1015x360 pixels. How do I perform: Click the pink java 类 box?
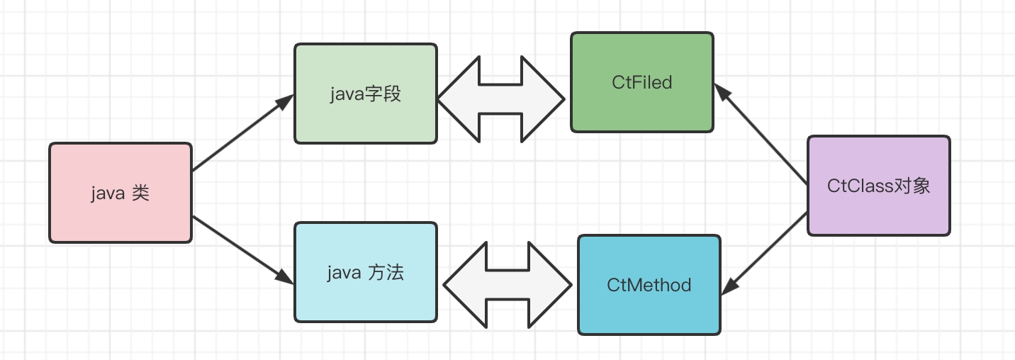pyautogui.click(x=120, y=193)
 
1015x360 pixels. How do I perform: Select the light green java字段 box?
pyautogui.click(x=365, y=94)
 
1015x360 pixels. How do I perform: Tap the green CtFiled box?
pyautogui.click(x=641, y=81)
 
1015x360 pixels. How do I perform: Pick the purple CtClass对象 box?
pyautogui.click(x=878, y=186)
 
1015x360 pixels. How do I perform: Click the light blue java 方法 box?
pyautogui.click(x=365, y=272)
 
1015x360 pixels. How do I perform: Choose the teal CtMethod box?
pyautogui.click(x=649, y=285)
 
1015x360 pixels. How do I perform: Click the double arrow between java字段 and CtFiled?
pyautogui.click(x=502, y=99)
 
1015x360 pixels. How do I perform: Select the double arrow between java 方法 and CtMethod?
pyautogui.click(x=507, y=285)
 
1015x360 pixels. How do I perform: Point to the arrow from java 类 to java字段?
pyautogui.click(x=241, y=134)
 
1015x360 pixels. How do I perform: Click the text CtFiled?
pyautogui.click(x=641, y=82)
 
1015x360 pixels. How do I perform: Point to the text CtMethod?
pyautogui.click(x=649, y=286)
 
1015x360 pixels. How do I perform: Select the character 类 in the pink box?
pyautogui.click(x=140, y=193)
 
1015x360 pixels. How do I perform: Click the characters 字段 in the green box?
pyautogui.click(x=383, y=94)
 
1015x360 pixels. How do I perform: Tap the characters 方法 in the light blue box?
pyautogui.click(x=386, y=272)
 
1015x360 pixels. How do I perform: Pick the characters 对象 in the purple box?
pyautogui.click(x=912, y=186)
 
